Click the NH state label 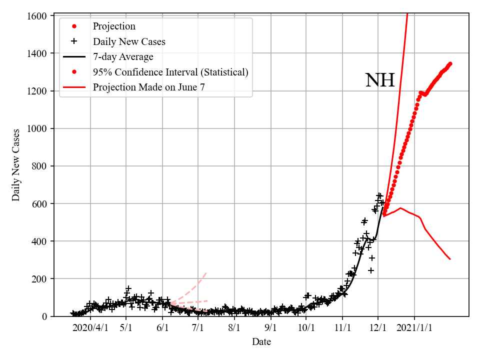[380, 80]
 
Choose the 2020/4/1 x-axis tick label [90, 328]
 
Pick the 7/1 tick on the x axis [198, 328]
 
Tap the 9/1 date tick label [270, 328]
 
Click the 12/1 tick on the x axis [378, 328]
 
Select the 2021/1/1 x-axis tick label [414, 328]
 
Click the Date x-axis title [261, 342]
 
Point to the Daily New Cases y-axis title [16, 165]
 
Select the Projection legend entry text [114, 26]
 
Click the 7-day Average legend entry [123, 56]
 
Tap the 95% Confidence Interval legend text [170, 72]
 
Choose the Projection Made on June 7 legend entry [149, 87]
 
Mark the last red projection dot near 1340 [450, 63]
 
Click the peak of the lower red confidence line [400, 208]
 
